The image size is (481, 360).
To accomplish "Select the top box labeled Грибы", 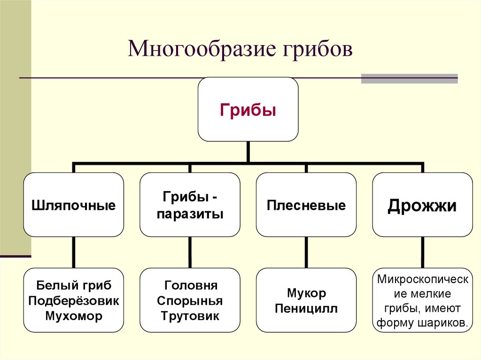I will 248,110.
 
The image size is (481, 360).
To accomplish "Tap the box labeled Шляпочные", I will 74,205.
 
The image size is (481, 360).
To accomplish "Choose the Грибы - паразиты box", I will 190,205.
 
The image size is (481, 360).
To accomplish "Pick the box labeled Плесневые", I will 306,205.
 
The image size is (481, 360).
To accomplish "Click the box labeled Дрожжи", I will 422,205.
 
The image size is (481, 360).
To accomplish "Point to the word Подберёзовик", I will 74,300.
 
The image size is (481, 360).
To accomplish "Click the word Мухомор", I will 74,316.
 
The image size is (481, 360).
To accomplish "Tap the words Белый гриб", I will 74,285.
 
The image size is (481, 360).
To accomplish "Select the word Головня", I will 190,285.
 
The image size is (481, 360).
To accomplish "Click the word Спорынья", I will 190,300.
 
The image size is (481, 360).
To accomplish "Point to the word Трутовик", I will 190,316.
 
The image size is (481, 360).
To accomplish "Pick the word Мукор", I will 306,293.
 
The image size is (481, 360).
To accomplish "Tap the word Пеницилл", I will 306,309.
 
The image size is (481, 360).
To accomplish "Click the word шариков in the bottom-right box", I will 446,323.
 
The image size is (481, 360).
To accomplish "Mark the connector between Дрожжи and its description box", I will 422,252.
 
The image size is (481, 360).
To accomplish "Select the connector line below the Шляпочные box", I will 74,252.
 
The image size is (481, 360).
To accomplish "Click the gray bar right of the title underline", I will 409,78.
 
